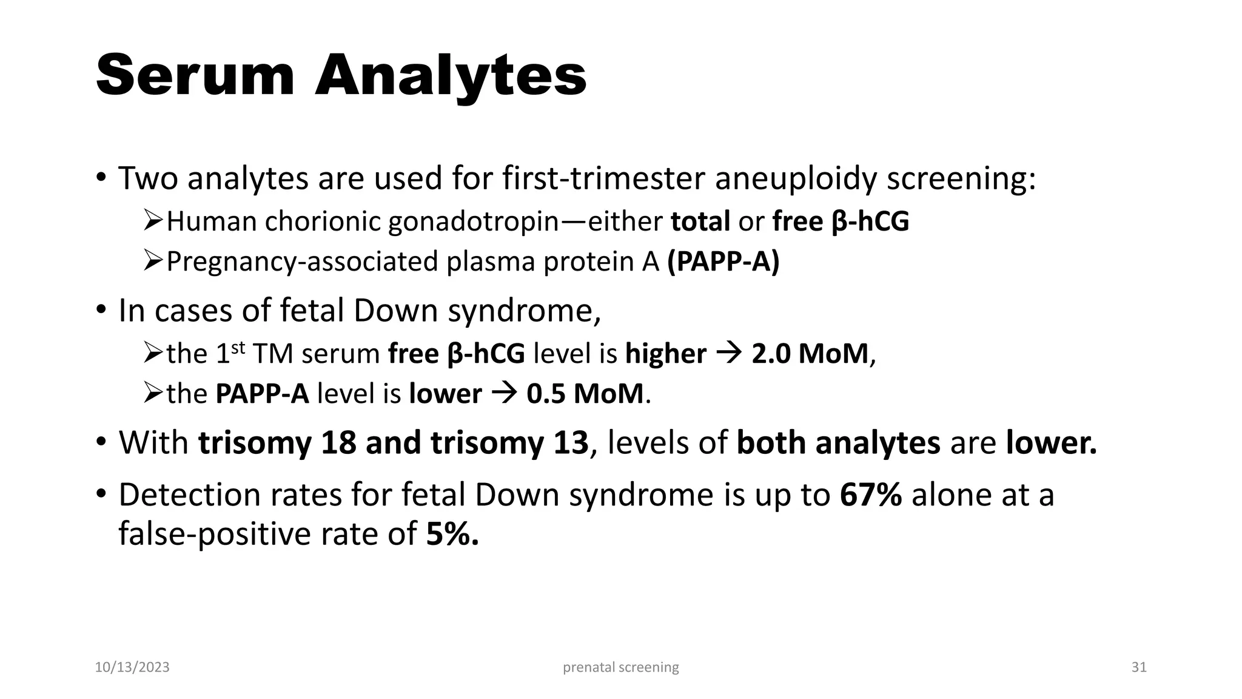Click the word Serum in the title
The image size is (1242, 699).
[x=195, y=75]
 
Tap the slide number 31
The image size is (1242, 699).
[x=1139, y=667]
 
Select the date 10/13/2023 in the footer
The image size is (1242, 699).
[x=132, y=667]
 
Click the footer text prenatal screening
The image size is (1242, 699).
[x=620, y=667]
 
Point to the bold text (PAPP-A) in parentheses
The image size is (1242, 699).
[x=723, y=262]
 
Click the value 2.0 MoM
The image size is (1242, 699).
[x=810, y=354]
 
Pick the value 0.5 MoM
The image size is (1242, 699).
[x=585, y=394]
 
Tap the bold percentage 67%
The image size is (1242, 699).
[x=870, y=495]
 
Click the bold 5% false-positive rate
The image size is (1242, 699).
[x=452, y=534]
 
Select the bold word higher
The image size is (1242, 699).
[x=665, y=354]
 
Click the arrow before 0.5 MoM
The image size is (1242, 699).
[x=503, y=394]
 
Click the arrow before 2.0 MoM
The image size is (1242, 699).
[x=728, y=354]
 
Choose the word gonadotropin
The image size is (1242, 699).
[x=473, y=221]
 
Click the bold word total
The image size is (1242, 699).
[x=700, y=221]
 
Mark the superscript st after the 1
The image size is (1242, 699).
[x=238, y=348]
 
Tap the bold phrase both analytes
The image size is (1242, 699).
[x=838, y=442]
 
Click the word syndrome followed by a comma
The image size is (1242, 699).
[x=524, y=311]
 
